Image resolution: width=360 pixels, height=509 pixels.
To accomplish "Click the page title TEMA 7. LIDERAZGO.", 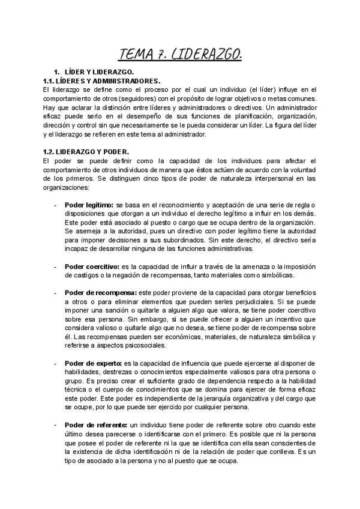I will point(181,56).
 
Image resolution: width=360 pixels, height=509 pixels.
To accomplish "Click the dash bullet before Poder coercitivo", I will point(55,266).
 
